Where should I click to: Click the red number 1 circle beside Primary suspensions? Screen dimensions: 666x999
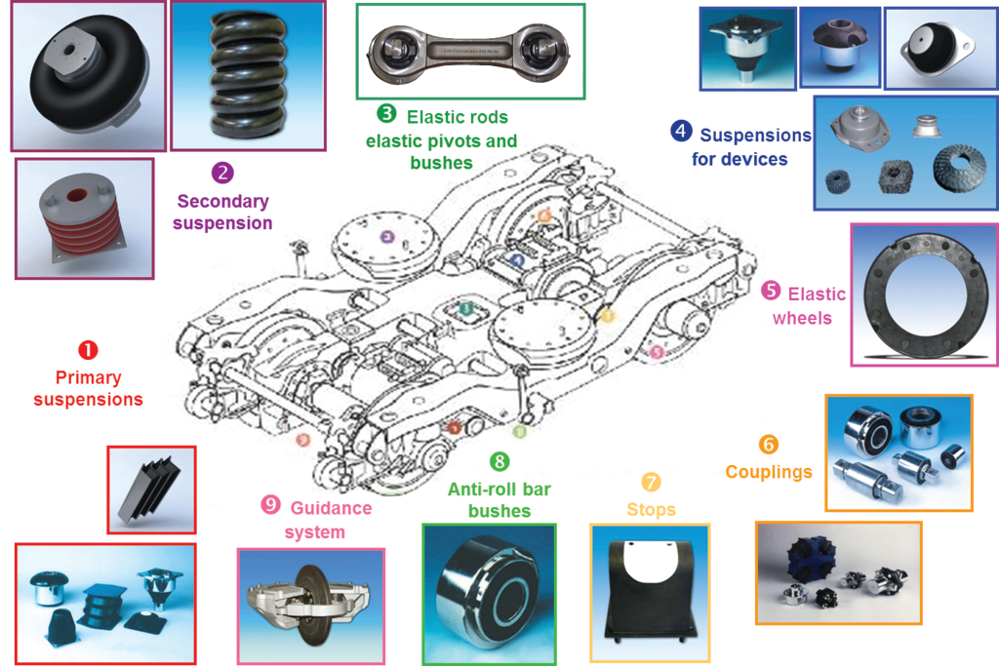88,349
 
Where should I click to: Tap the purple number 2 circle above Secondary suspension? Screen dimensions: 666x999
222,174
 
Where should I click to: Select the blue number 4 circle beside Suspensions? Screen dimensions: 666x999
681,131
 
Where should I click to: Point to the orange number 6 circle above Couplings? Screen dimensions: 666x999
769,445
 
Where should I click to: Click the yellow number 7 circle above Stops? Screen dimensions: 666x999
651,483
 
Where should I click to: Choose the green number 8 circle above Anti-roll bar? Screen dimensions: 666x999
499,461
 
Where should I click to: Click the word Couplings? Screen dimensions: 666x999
769,473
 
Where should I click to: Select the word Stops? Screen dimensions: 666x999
651,510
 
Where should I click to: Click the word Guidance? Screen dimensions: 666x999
331,508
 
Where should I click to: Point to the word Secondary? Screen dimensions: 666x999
222,201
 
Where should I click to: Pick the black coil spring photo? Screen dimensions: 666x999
248,75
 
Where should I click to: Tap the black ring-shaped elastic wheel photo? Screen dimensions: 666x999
923,294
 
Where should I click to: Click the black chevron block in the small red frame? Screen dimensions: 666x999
150,490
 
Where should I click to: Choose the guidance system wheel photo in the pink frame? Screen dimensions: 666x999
310,605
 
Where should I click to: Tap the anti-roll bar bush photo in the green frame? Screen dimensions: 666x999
489,594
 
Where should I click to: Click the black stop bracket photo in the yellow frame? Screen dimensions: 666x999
650,594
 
